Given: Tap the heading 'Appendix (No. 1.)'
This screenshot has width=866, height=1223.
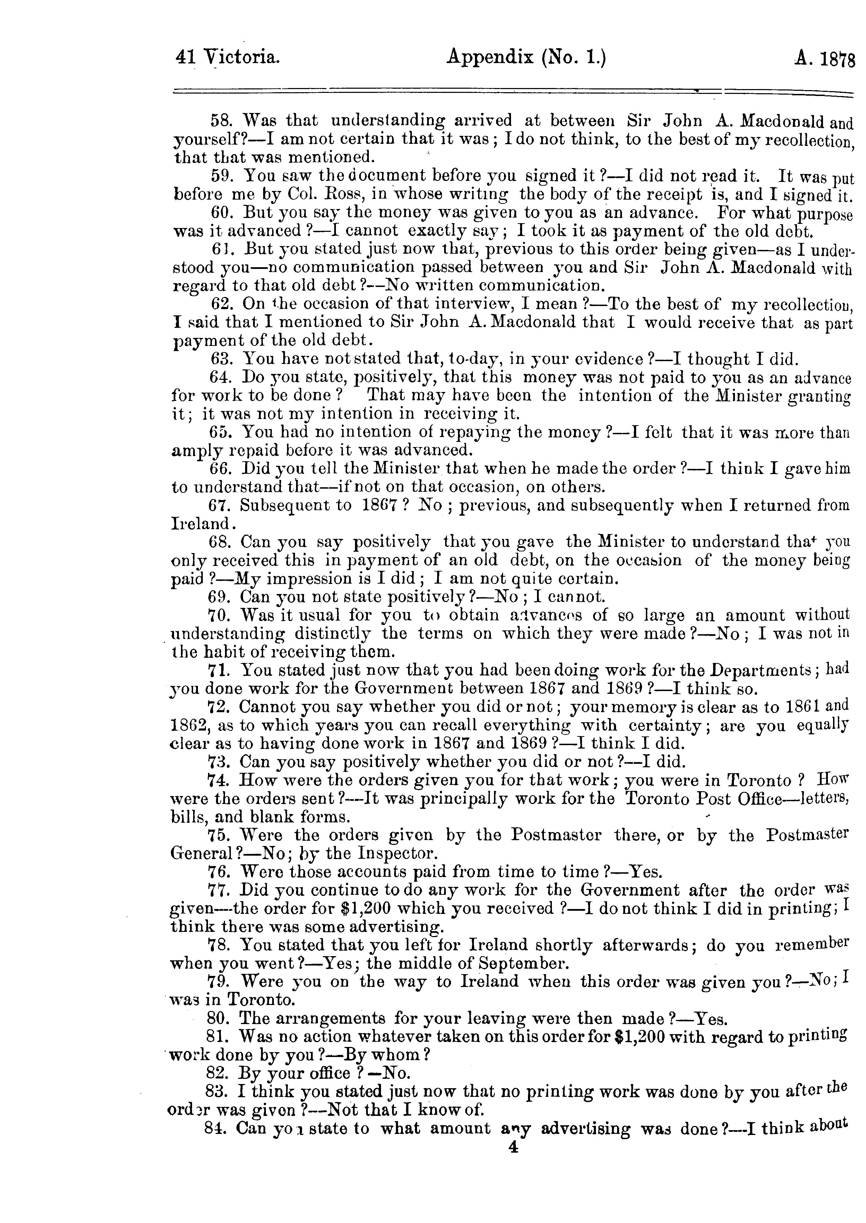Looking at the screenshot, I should coord(526,56).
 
